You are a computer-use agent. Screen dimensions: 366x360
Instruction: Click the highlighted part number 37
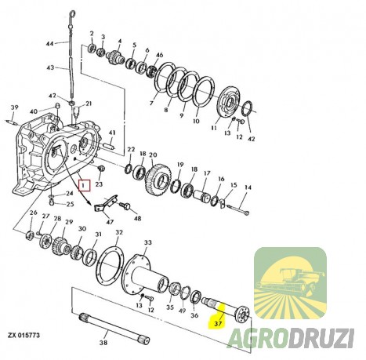click(218, 323)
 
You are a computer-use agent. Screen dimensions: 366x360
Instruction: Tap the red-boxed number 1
click(84, 186)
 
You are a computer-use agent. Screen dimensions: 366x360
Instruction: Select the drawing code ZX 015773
click(24, 335)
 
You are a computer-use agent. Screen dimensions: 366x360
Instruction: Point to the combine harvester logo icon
click(290, 283)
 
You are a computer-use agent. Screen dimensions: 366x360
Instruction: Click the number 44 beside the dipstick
click(50, 43)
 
